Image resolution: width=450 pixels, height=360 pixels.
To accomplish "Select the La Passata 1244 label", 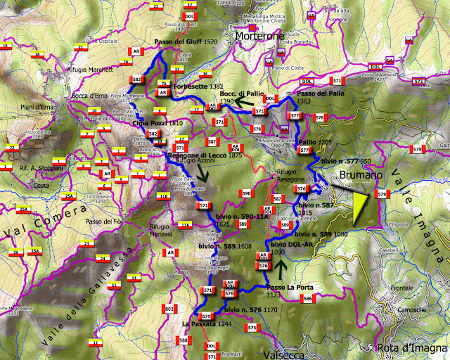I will click(207, 323).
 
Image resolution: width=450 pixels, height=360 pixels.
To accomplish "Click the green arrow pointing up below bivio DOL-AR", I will click(281, 269).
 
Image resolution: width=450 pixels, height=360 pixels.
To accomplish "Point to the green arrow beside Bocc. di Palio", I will click(245, 103).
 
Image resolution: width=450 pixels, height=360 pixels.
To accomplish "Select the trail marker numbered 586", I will click(307, 299).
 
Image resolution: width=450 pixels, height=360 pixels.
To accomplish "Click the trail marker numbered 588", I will click(184, 340).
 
